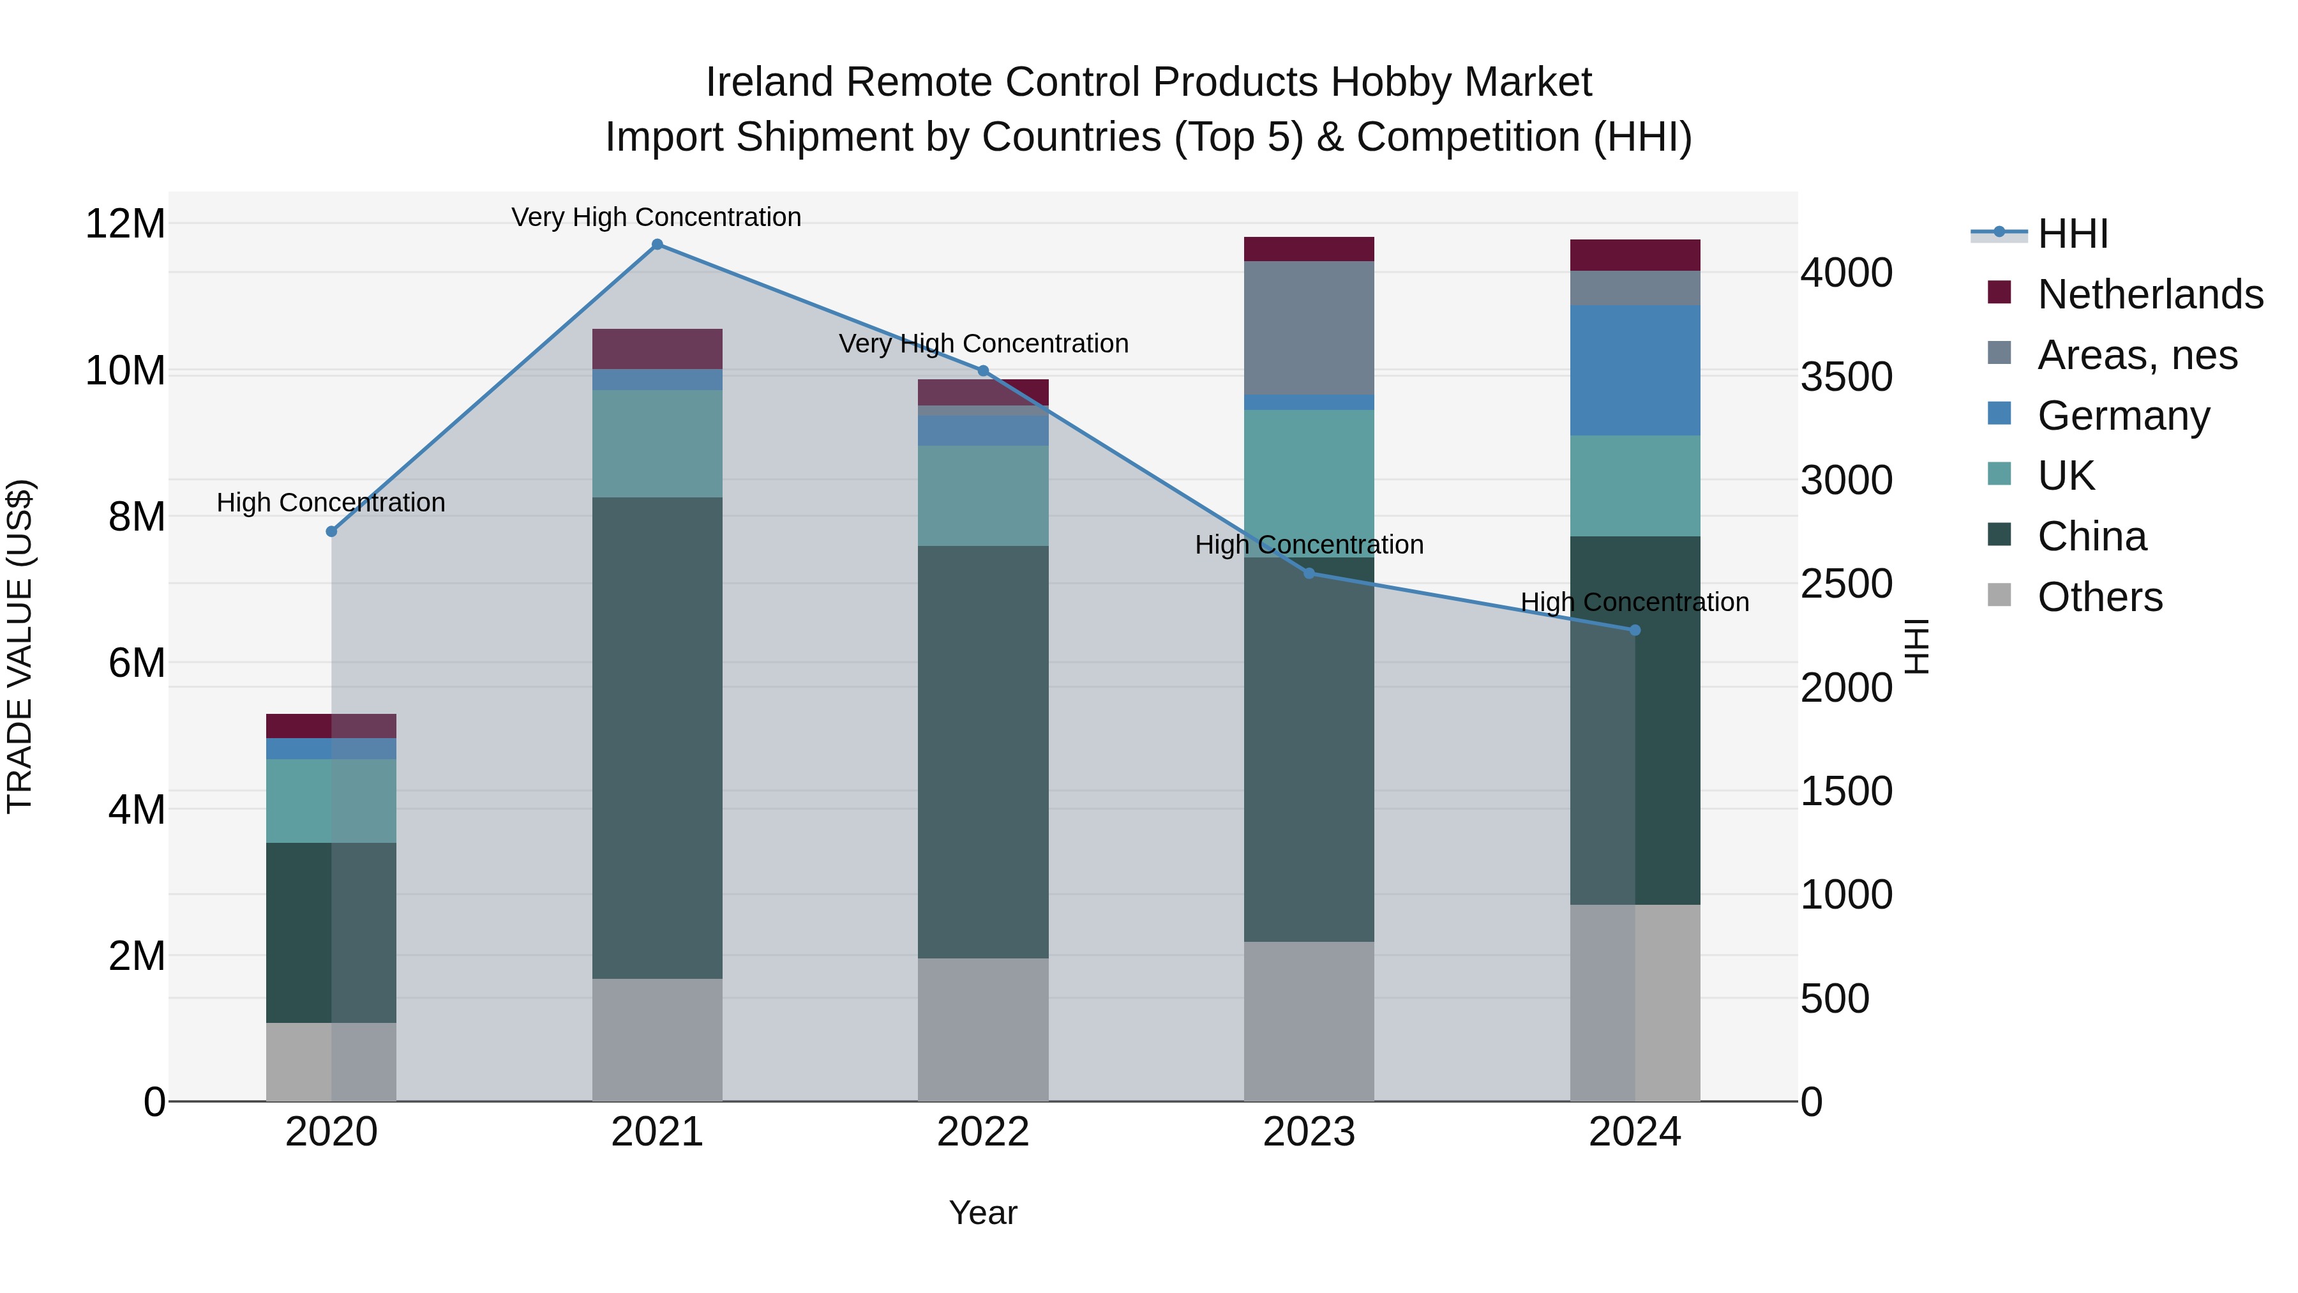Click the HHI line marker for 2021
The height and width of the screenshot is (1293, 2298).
[657, 244]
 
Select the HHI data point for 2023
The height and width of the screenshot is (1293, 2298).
[1309, 573]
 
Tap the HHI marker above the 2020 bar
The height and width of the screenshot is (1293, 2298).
[331, 531]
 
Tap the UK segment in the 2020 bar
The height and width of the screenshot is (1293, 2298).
[331, 801]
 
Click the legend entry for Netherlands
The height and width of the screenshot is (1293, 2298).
[2150, 294]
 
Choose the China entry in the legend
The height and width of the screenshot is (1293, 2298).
[2091, 536]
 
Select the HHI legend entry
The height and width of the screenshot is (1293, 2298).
[2071, 234]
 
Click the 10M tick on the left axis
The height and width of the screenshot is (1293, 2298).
[126, 370]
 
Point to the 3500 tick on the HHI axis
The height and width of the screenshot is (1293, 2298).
[1845, 377]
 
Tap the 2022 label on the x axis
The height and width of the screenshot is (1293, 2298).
[982, 1132]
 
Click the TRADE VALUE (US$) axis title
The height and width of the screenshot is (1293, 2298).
[20, 646]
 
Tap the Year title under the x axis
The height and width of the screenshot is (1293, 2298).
[982, 1213]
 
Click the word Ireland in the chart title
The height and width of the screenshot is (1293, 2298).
[769, 82]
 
